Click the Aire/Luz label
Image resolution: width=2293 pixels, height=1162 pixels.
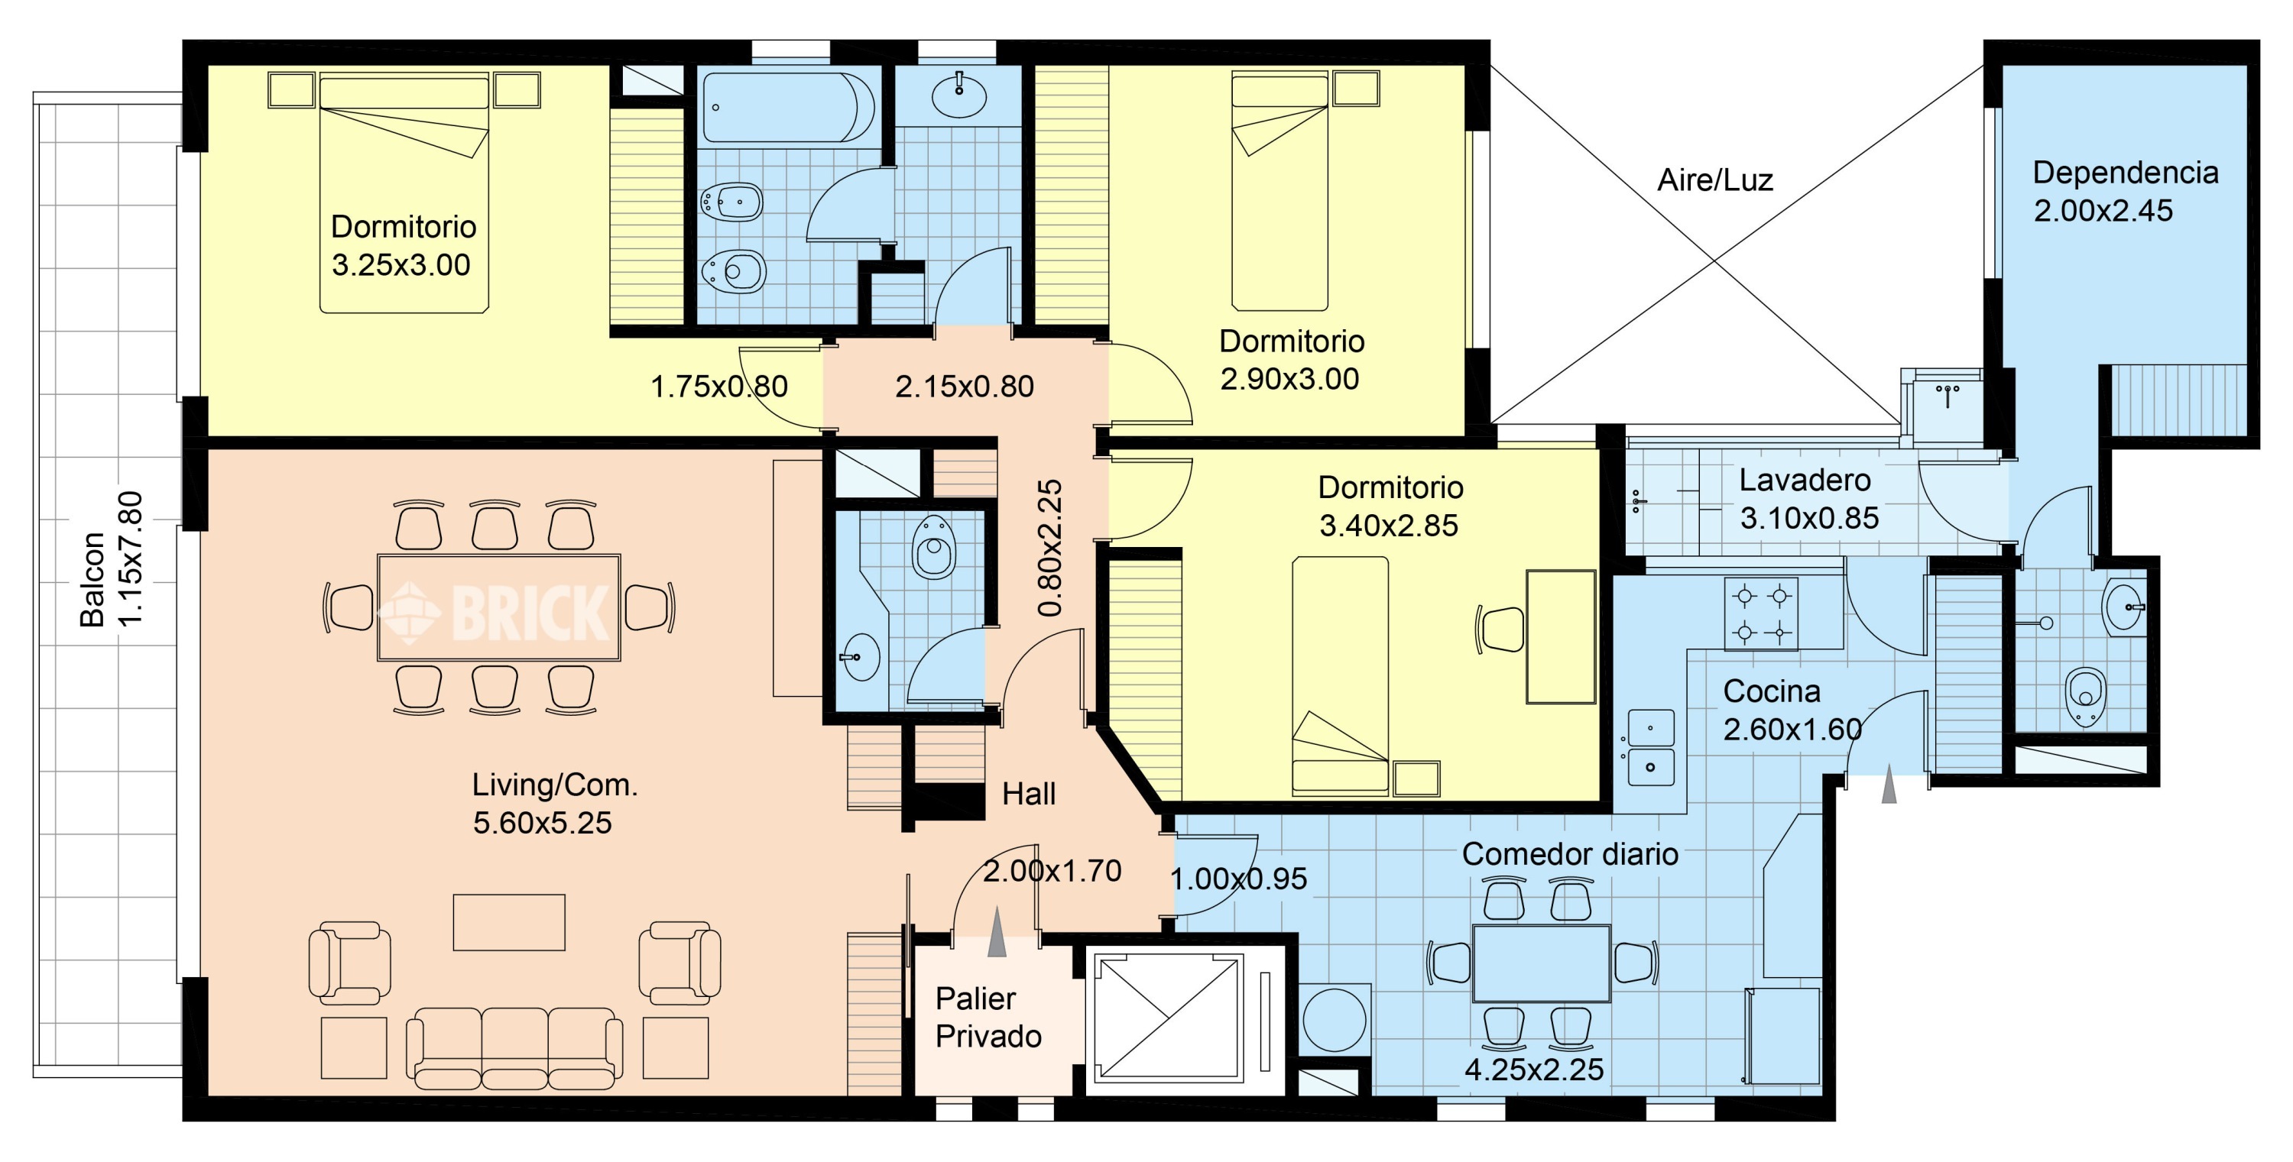tap(1714, 180)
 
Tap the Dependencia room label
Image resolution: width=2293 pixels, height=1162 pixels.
tap(2125, 173)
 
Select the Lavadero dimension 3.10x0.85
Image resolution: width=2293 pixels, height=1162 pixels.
tap(1808, 518)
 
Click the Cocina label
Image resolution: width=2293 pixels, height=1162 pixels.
tap(1772, 691)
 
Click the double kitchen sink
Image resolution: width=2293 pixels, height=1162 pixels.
tap(1650, 747)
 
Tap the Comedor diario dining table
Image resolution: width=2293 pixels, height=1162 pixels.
tap(1541, 963)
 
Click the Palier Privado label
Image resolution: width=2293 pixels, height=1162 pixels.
tap(988, 1017)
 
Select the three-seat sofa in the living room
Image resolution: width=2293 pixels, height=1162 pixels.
tap(514, 1049)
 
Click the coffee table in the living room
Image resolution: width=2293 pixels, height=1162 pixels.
tap(509, 923)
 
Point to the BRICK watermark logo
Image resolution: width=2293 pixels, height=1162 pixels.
tap(495, 611)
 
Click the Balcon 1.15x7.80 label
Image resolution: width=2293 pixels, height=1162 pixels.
tap(112, 558)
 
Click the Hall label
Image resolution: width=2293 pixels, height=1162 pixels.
tap(1028, 794)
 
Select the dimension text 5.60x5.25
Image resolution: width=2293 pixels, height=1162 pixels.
tap(542, 823)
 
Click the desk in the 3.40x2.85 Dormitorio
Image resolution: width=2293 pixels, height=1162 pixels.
tap(1561, 637)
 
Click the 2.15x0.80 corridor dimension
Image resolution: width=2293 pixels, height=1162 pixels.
tap(964, 386)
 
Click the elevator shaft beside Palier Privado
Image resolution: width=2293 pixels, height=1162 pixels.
tap(1168, 1018)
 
